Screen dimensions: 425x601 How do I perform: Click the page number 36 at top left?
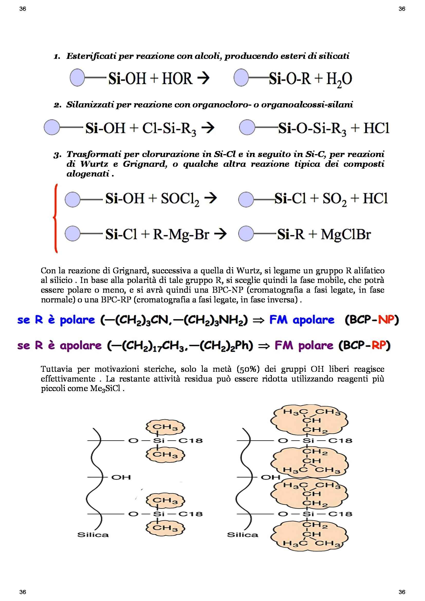[x=23, y=9]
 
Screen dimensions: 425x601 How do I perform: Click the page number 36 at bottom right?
[x=402, y=592]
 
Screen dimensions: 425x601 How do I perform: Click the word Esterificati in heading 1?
[x=91, y=56]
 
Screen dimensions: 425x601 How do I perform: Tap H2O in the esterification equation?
[x=339, y=79]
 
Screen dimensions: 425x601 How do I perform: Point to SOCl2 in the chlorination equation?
[x=180, y=199]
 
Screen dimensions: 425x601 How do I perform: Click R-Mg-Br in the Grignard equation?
[x=181, y=235]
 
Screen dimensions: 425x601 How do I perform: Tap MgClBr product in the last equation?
[x=346, y=235]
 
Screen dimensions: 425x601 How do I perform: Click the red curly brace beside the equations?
[x=55, y=218]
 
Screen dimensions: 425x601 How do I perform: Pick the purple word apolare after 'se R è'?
[x=81, y=346]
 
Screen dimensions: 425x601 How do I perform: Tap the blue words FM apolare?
[x=302, y=320]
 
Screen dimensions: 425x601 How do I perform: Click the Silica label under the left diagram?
[x=93, y=534]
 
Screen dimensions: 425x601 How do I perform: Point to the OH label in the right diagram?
[x=271, y=477]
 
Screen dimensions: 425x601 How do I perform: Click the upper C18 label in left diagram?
[x=190, y=441]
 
